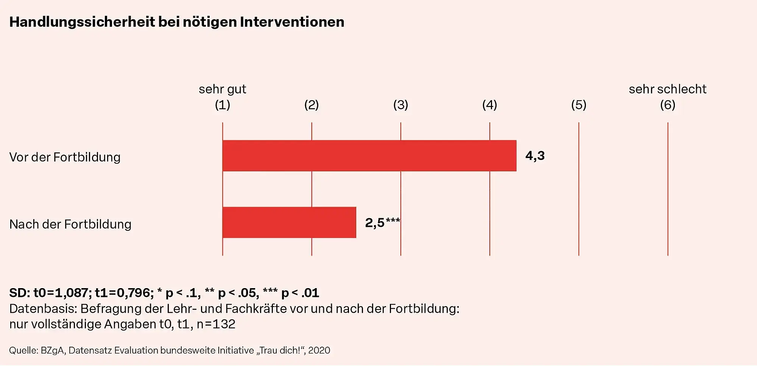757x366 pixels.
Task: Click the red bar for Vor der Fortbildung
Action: click(369, 156)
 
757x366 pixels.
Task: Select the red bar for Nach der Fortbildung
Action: click(289, 222)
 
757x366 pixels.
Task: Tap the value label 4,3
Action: click(535, 156)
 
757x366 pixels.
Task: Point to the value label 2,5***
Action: click(382, 222)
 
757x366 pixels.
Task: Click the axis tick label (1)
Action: click(223, 105)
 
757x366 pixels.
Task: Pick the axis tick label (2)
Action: click(312, 105)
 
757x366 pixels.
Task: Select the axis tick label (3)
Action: click(400, 105)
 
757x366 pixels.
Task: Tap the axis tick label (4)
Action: click(489, 105)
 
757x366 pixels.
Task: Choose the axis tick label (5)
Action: click(579, 105)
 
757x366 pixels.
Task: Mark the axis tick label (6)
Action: click(668, 105)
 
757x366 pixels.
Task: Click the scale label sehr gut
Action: click(223, 89)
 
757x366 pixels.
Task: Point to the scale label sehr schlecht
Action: click(668, 89)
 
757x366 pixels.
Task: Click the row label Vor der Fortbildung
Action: click(65, 157)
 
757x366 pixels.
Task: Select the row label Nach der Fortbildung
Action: click(70, 224)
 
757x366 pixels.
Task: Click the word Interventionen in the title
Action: click(292, 22)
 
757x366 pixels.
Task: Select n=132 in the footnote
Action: click(216, 324)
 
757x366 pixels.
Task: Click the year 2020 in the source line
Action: click(319, 350)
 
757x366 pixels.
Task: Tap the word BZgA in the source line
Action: click(53, 350)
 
